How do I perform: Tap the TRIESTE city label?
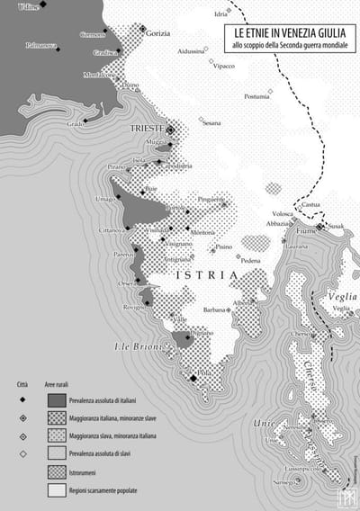coord(147,129)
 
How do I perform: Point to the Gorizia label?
coord(157,31)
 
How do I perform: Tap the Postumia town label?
coord(256,96)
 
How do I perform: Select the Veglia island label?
coord(342,297)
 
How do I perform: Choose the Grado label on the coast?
coord(75,124)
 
